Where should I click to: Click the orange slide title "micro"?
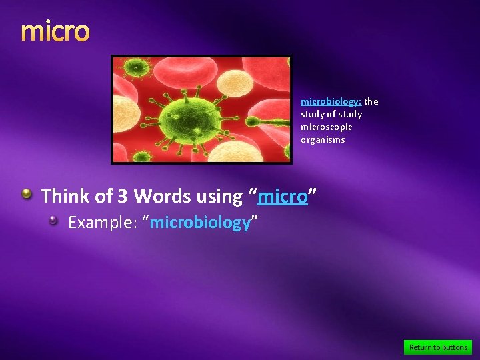[x=55, y=31]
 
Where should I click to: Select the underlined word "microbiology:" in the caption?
[x=331, y=102]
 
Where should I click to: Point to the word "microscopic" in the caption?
[x=327, y=127]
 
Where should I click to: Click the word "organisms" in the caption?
[x=323, y=139]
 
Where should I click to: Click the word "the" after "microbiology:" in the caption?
[x=371, y=102]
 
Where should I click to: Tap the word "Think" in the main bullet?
[x=65, y=197]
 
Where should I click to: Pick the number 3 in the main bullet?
[x=123, y=197]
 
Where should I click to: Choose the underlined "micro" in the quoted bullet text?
[x=282, y=197]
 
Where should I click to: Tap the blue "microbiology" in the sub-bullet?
[x=200, y=223]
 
